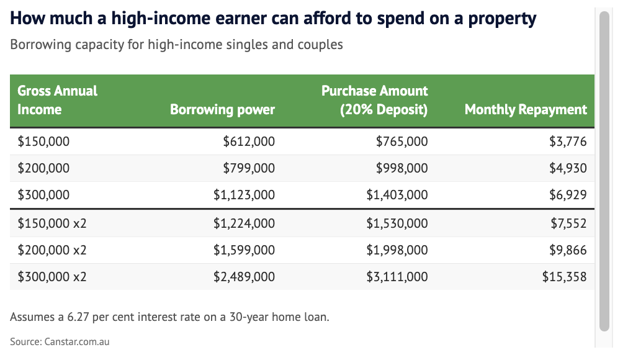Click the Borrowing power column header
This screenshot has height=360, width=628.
pyautogui.click(x=222, y=109)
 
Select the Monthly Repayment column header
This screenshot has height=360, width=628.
pyautogui.click(x=526, y=109)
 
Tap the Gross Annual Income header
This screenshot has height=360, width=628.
pyautogui.click(x=57, y=100)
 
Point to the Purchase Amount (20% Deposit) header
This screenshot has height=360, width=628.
pyautogui.click(x=374, y=100)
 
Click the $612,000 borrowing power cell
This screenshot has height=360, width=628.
pyautogui.click(x=249, y=142)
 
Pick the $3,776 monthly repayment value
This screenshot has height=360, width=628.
pyautogui.click(x=568, y=142)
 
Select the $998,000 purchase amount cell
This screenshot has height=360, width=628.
pyautogui.click(x=401, y=168)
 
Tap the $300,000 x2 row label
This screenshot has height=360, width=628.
pyautogui.click(x=52, y=277)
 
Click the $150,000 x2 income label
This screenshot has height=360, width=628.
pyautogui.click(x=52, y=223)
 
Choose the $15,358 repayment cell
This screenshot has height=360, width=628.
pyautogui.click(x=564, y=277)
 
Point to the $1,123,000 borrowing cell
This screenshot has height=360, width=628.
pyautogui.click(x=244, y=195)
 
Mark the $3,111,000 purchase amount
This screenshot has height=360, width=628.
pyautogui.click(x=397, y=277)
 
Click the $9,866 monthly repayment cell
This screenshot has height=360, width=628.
pyautogui.click(x=568, y=250)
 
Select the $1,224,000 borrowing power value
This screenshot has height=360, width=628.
pyautogui.click(x=244, y=223)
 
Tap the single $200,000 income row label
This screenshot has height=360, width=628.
pyautogui.click(x=43, y=168)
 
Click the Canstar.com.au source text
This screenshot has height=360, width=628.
pyautogui.click(x=77, y=341)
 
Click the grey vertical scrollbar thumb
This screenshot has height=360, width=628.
pyautogui.click(x=604, y=171)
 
